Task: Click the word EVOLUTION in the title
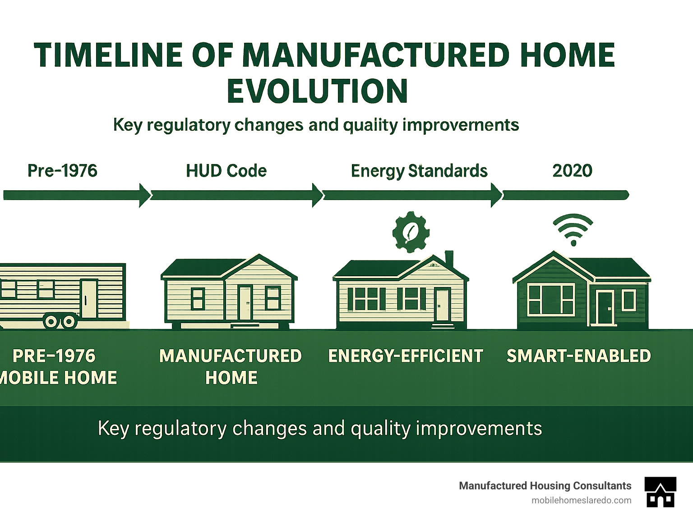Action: [x=317, y=91]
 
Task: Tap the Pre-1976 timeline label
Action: [x=62, y=171]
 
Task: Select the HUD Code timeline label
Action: [x=226, y=171]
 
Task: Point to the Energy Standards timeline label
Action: [x=419, y=171]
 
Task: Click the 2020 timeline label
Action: [x=572, y=171]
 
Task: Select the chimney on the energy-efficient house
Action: [x=449, y=259]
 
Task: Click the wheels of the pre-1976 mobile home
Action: [x=60, y=321]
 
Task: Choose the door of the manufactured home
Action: [x=245, y=302]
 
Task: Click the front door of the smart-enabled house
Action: [x=605, y=308]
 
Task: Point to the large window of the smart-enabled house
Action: [x=551, y=299]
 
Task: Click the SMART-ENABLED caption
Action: [x=578, y=356]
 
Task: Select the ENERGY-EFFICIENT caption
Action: [x=405, y=356]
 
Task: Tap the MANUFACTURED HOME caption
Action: [x=231, y=366]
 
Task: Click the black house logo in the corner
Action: [x=660, y=492]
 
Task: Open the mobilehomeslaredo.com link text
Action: [x=581, y=500]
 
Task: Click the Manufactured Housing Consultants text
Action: [x=545, y=486]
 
